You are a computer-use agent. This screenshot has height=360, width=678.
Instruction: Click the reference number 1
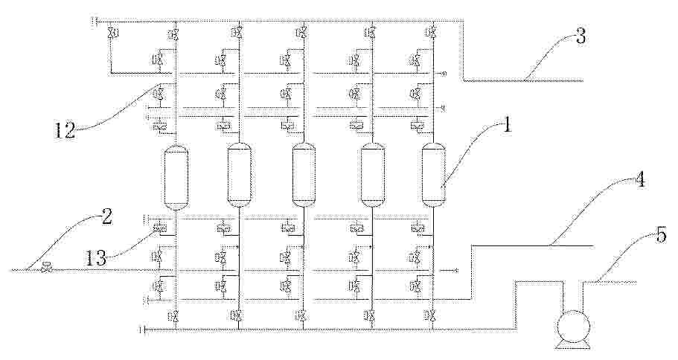click(507, 127)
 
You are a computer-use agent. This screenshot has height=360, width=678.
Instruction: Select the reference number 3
click(581, 36)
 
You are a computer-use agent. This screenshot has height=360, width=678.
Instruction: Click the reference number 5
click(661, 237)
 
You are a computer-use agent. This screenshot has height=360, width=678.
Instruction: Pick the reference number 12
click(64, 129)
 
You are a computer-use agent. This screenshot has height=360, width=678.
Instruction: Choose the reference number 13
click(95, 258)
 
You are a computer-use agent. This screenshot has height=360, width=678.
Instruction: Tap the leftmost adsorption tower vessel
click(176, 177)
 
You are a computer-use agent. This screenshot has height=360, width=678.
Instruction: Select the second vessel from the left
click(240, 175)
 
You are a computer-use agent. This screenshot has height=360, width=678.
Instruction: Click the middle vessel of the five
click(304, 175)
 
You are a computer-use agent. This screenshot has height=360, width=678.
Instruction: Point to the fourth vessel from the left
click(373, 175)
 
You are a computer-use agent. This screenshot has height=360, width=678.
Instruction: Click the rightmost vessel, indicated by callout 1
click(434, 175)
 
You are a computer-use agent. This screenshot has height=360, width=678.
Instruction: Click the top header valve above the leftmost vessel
click(175, 33)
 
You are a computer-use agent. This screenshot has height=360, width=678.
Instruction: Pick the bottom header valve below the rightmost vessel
click(432, 316)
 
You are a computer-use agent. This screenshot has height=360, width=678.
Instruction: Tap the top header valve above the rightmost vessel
click(432, 33)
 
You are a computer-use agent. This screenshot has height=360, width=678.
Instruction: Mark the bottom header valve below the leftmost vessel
click(175, 316)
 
